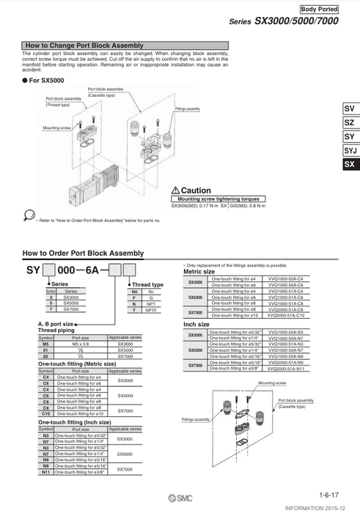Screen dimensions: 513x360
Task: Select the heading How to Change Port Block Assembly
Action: [84, 45]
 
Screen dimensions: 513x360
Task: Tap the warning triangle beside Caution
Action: [175, 190]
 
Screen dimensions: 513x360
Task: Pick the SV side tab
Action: [349, 109]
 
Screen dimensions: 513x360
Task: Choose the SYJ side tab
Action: [349, 151]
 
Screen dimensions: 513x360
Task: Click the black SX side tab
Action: [349, 165]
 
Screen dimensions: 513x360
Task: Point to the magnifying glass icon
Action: [29, 215]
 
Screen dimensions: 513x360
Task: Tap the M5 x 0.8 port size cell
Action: [80, 343]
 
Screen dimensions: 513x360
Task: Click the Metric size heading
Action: [199, 272]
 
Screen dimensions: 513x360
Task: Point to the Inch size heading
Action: [196, 324]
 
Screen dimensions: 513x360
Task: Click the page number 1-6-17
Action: [328, 495]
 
